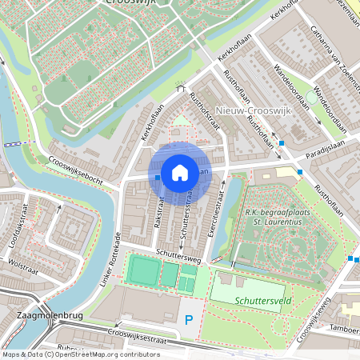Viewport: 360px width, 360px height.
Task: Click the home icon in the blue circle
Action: point(179,172)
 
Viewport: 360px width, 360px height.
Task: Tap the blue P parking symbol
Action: point(189,320)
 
